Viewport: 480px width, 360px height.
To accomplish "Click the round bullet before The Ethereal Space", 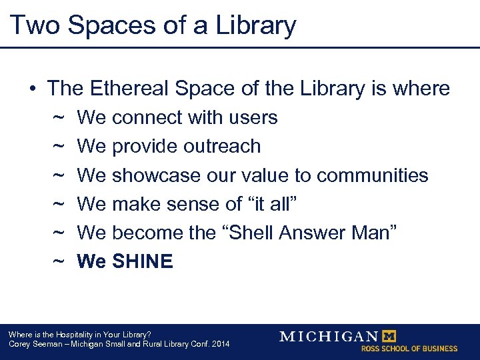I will pyautogui.click(x=31, y=89).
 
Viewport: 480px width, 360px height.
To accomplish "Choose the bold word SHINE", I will pyautogui.click(x=143, y=261).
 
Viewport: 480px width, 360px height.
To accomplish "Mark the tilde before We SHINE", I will pyautogui.click(x=58, y=261).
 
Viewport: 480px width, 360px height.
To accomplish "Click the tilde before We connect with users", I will pyautogui.click(x=58, y=117).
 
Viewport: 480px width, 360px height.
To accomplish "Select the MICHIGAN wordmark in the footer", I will pyautogui.click(x=329, y=336).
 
